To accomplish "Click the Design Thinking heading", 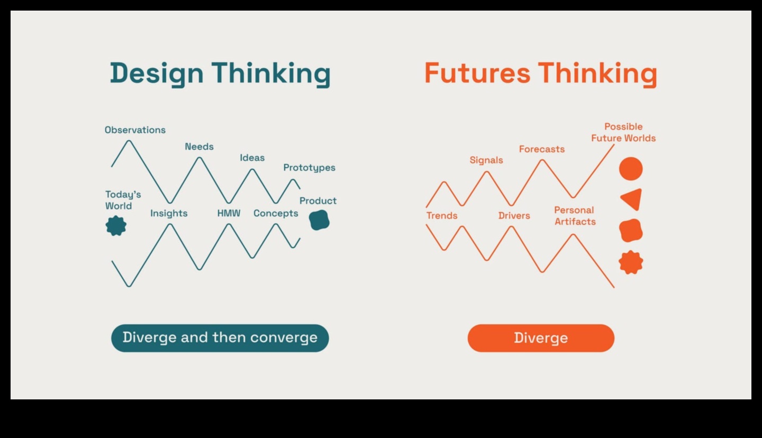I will click(220, 73).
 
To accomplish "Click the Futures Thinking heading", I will click(540, 73).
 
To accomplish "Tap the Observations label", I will click(135, 130).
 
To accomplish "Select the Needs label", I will click(199, 147).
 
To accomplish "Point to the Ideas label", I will click(252, 158).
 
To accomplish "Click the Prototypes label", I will click(309, 168).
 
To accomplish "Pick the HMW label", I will click(229, 213).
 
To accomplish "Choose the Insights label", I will click(169, 213).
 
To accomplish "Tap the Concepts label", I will click(276, 213).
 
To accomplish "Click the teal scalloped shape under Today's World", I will click(116, 226).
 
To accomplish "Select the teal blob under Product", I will click(319, 220).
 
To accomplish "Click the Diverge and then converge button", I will click(220, 338).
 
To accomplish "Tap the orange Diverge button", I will click(541, 338).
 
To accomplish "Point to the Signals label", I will click(486, 160).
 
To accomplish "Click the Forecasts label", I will click(541, 149).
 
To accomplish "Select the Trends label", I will click(442, 216).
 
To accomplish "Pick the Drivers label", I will click(514, 216).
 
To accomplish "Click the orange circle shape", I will click(631, 169).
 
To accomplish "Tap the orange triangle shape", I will click(632, 199).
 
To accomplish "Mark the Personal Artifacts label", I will click(575, 216).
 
